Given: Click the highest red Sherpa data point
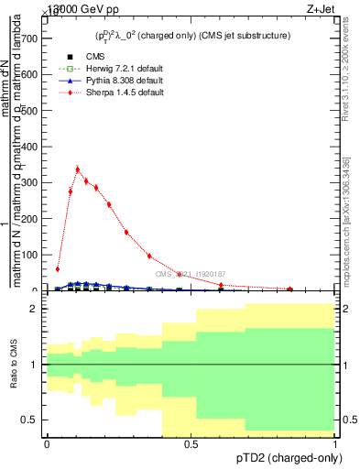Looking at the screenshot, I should click(x=78, y=169).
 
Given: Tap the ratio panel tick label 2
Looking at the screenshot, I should click(x=34, y=310).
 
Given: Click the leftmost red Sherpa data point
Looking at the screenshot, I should click(x=58, y=269).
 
